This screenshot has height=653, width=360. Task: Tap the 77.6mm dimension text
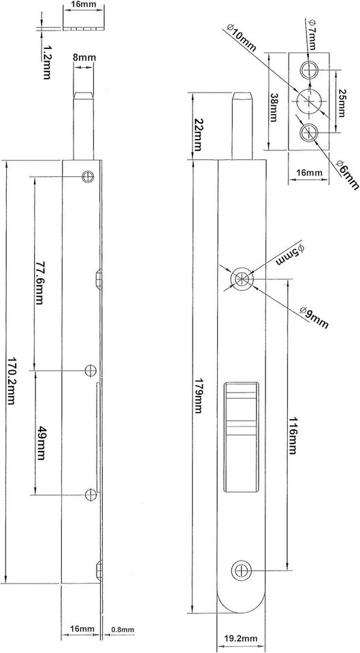pos(39,283)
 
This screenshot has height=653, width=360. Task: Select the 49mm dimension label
pos(41,443)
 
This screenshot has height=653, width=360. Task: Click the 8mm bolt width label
pos(84,58)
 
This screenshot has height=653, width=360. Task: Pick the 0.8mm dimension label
pos(122,630)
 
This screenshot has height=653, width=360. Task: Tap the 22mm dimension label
pos(198,135)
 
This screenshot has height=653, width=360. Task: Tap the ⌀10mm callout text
pos(242,37)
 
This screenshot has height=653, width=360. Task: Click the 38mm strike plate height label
pos(274,107)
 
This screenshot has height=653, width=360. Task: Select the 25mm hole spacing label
pos(341,103)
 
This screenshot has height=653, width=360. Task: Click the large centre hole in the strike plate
pos(309,101)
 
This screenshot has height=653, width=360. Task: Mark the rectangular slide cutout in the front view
pos(241,437)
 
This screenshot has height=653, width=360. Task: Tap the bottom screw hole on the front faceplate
pos(242,570)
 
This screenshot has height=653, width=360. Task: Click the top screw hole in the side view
pos(88,177)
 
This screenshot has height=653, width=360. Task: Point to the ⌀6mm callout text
pos(346,175)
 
